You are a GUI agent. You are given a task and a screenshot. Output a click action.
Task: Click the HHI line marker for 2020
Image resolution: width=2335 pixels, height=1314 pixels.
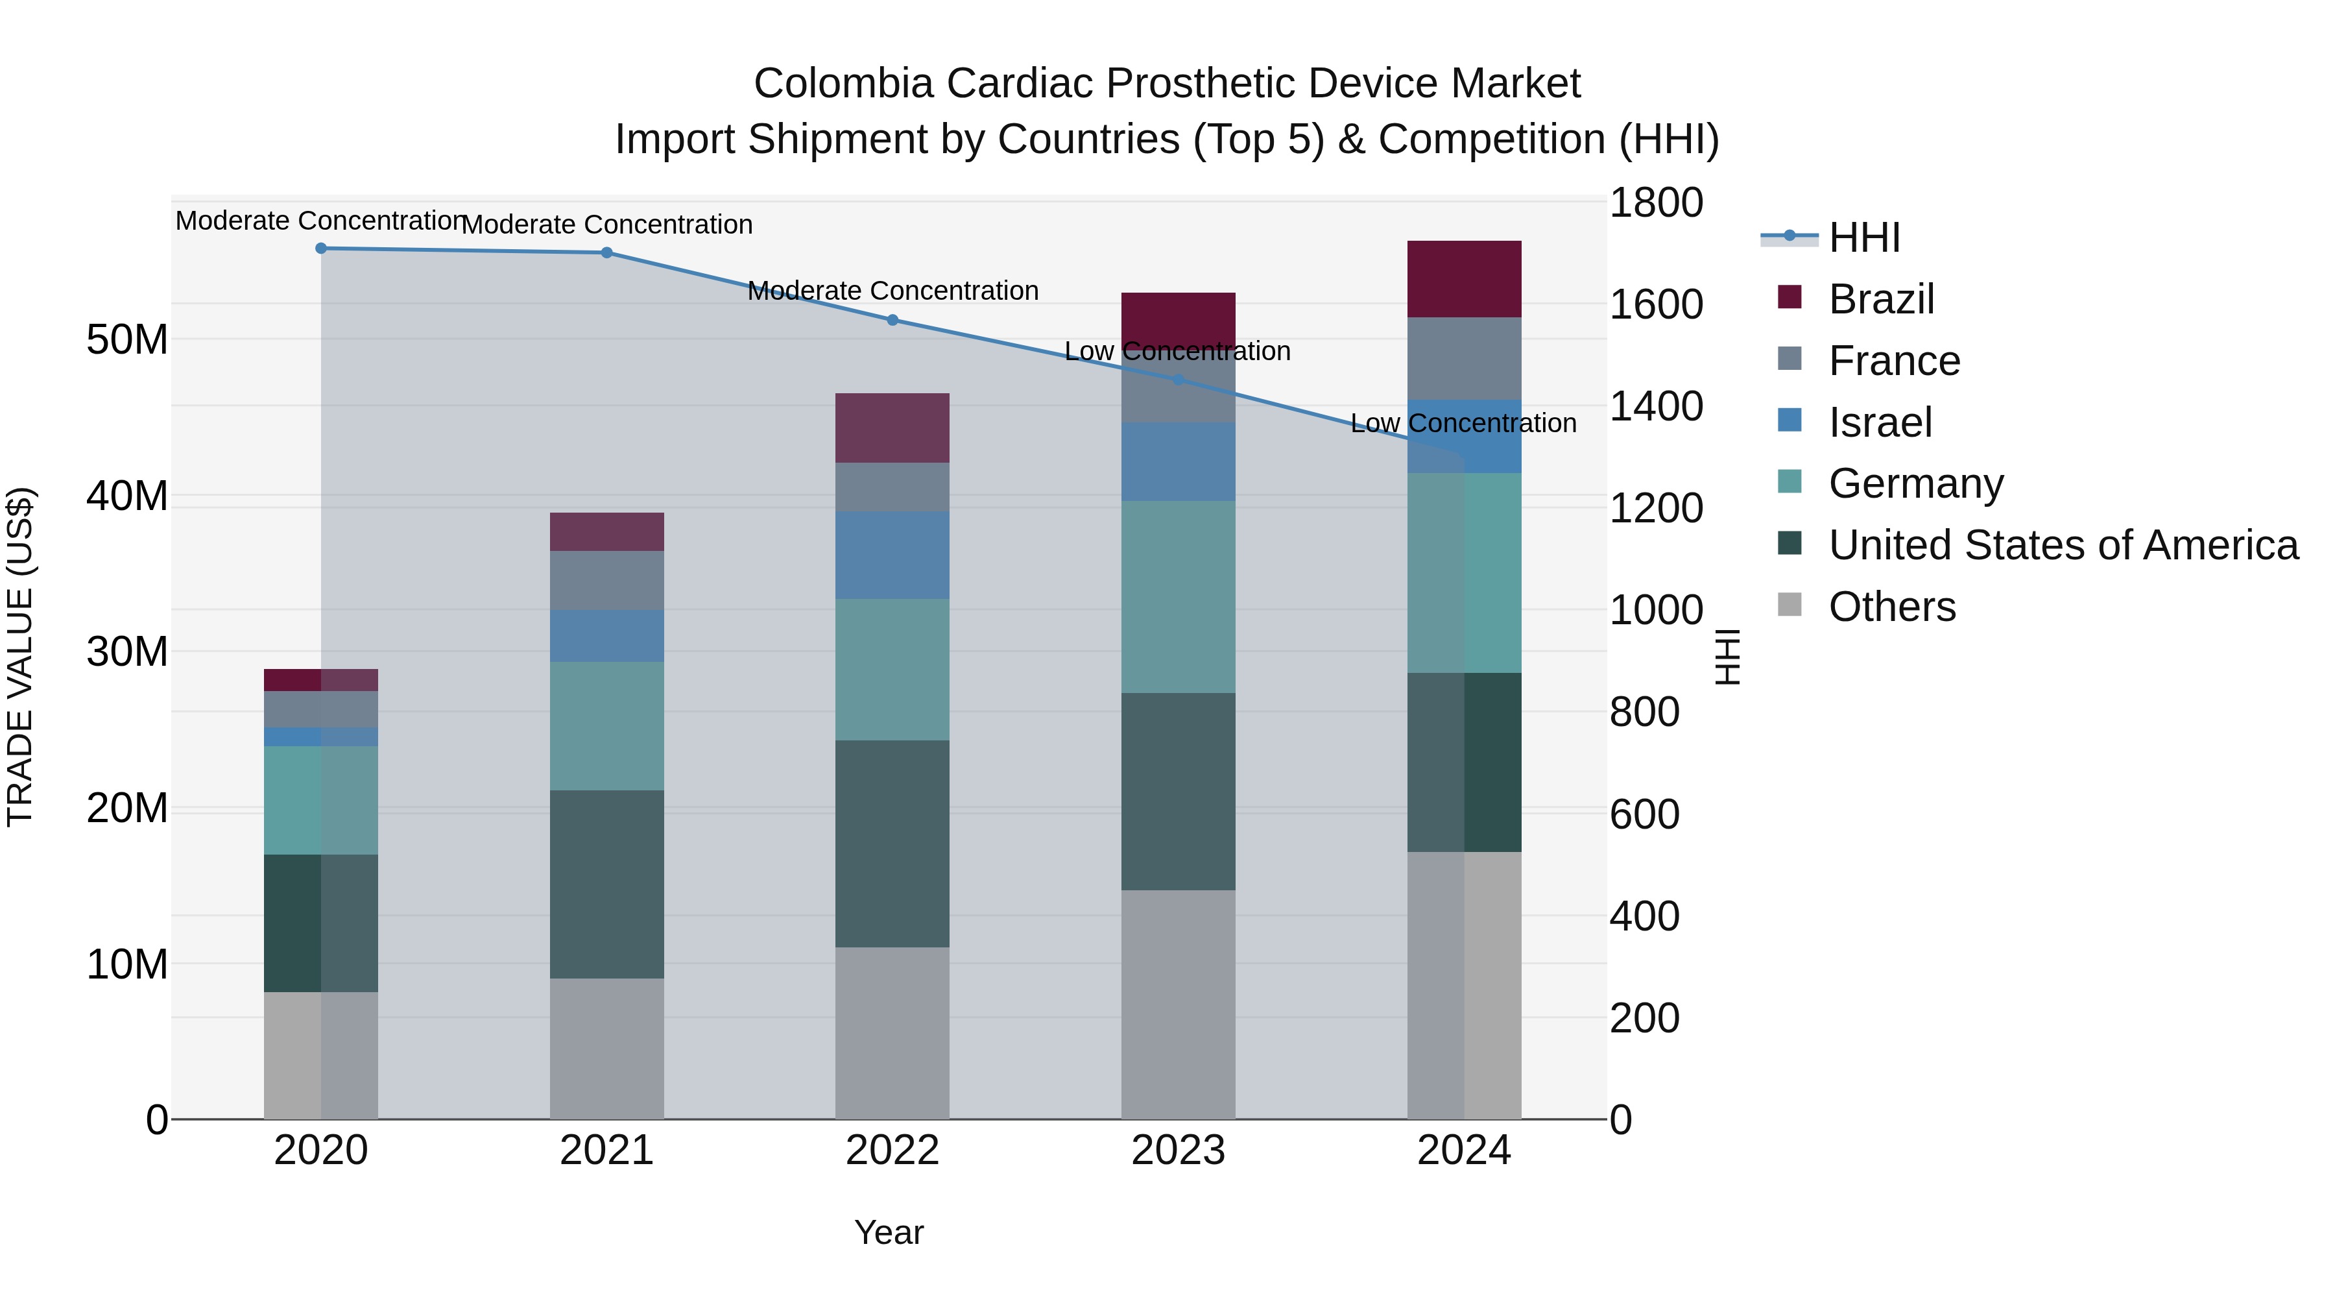tap(321, 249)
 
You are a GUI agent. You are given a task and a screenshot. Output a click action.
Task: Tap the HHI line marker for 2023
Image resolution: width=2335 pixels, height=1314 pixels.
tap(1179, 379)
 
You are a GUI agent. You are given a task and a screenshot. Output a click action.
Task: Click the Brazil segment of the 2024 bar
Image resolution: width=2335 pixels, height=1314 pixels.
tap(1464, 279)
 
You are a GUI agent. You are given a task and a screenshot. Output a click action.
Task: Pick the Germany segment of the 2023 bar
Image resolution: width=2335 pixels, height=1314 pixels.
tap(1179, 597)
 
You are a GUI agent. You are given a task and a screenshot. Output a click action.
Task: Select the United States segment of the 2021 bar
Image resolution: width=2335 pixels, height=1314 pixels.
tap(606, 884)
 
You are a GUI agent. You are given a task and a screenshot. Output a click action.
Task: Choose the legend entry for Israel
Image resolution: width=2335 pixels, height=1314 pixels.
tap(1880, 422)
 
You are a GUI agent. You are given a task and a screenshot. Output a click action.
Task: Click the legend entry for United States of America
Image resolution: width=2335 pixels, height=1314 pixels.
tap(2063, 545)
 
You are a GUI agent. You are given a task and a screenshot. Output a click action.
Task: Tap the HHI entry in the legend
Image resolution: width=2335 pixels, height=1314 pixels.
tap(1863, 237)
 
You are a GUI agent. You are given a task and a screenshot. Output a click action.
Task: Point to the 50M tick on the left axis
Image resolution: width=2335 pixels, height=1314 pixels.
tap(127, 339)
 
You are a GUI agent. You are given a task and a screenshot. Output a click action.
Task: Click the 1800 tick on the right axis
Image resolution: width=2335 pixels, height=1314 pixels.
tap(1656, 202)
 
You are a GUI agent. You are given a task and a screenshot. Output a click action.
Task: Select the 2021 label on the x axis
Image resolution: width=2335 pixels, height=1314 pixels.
tap(606, 1150)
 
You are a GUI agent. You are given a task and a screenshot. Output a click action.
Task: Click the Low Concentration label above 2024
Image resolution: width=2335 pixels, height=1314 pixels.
tap(1463, 424)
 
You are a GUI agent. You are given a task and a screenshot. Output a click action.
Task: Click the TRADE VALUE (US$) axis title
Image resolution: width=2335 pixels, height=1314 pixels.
tap(21, 657)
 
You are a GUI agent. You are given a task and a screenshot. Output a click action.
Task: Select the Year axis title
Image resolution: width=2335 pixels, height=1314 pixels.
tap(889, 1232)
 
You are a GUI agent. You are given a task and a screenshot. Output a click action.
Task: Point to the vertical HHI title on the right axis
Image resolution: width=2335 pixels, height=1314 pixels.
tap(1728, 657)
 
